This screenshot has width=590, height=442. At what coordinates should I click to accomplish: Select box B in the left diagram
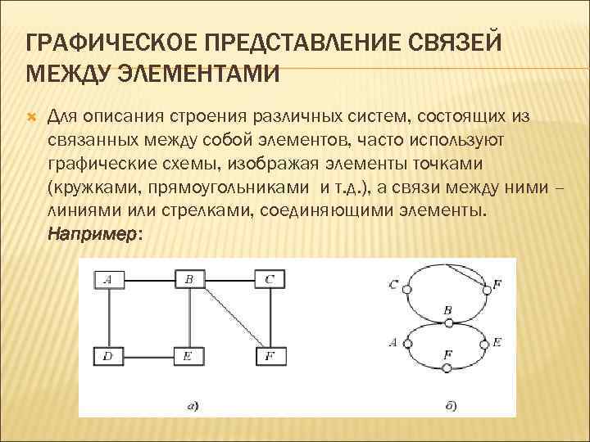coord(189,280)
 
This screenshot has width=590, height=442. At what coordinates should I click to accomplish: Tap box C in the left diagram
coord(270,280)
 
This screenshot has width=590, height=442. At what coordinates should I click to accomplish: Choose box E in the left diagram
coord(189,356)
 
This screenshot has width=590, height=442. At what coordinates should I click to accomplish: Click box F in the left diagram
coord(270,356)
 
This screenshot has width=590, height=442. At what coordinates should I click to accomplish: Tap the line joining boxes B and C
coord(229,280)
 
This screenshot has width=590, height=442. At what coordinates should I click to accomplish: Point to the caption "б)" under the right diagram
coord(452,404)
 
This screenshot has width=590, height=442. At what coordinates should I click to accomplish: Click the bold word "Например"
coord(93,233)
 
